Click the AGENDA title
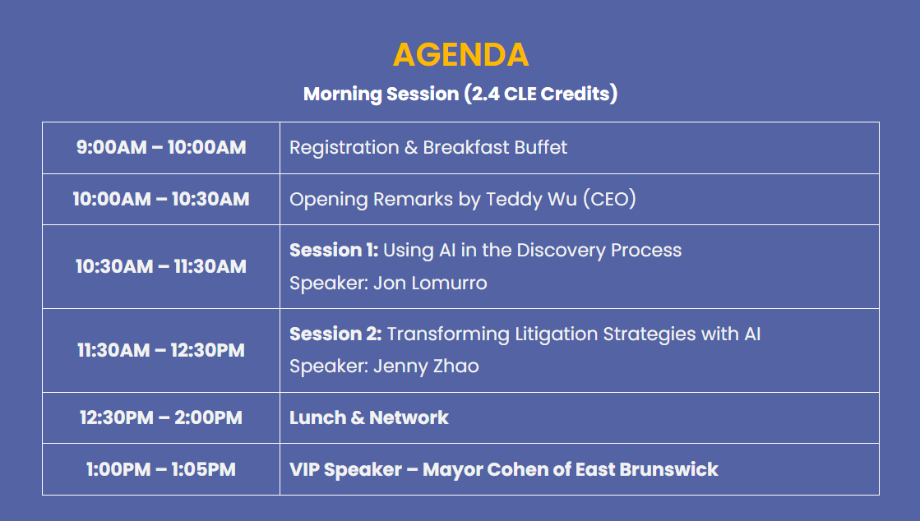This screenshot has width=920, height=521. point(460,55)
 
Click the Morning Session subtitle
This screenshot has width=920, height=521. point(460,94)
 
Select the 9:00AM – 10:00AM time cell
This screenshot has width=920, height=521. point(161,147)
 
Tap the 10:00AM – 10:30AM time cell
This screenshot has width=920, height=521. point(161,199)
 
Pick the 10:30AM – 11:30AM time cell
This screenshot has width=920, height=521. point(161,266)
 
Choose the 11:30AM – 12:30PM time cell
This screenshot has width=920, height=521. point(161,350)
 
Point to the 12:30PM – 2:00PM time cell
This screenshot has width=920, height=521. point(161,417)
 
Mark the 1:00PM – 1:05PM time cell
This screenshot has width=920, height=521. point(161,469)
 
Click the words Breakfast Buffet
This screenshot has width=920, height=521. point(495,147)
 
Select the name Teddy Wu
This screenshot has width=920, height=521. point(532,199)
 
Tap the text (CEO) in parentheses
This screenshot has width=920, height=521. point(609,199)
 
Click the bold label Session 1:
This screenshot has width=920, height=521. point(334,250)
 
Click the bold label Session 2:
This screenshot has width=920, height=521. point(335,334)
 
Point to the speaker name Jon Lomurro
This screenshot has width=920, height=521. point(430,284)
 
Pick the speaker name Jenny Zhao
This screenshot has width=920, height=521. point(426,367)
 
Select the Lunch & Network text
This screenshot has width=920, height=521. point(369,417)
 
